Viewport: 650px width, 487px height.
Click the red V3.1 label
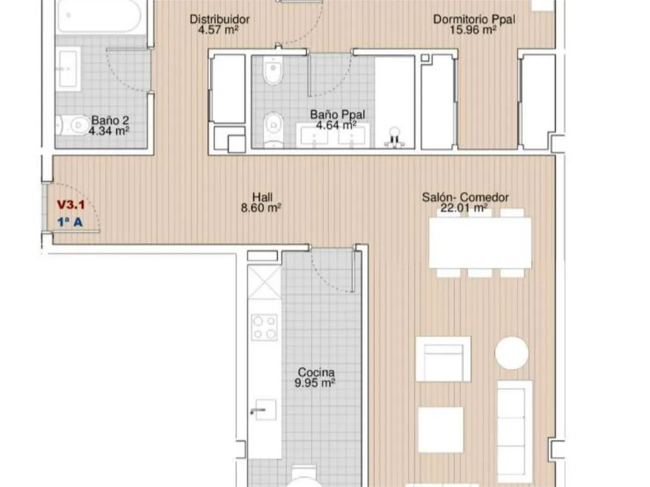pyautogui.click(x=71, y=205)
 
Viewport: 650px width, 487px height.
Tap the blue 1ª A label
pyautogui.click(x=70, y=222)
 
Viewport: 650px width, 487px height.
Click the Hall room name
pyautogui.click(x=262, y=197)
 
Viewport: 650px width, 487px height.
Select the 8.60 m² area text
pyautogui.click(x=261, y=208)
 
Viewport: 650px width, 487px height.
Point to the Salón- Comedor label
pyautogui.click(x=465, y=197)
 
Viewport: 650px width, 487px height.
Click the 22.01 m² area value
pyautogui.click(x=463, y=208)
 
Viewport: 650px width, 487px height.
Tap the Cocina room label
pyautogui.click(x=316, y=372)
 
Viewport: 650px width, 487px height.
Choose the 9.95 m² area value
pyautogui.click(x=315, y=383)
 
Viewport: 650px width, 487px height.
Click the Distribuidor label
pyautogui.click(x=220, y=19)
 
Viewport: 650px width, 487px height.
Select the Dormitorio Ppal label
pyautogui.click(x=474, y=19)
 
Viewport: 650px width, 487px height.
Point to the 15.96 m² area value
pyautogui.click(x=473, y=30)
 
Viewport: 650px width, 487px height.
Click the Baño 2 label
pyautogui.click(x=110, y=120)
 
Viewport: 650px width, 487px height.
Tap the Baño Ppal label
pyautogui.click(x=338, y=114)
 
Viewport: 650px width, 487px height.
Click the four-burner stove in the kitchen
pyautogui.click(x=264, y=327)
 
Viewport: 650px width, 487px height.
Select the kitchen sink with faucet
pyautogui.click(x=264, y=409)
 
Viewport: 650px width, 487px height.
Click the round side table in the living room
pyautogui.click(x=512, y=353)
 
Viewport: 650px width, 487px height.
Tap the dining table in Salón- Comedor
pyautogui.click(x=480, y=243)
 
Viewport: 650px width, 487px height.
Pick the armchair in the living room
pyautogui.click(x=443, y=359)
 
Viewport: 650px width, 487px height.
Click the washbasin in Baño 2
pyautogui.click(x=68, y=69)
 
